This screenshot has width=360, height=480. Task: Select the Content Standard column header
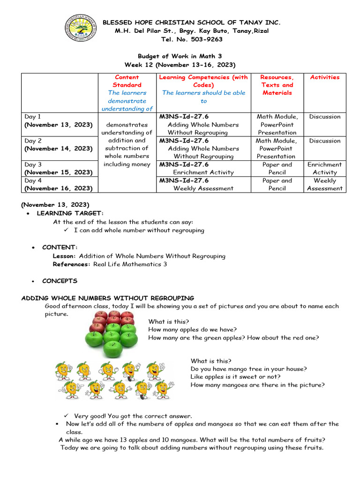[x=127, y=81]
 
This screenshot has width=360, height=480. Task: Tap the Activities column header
[x=324, y=77]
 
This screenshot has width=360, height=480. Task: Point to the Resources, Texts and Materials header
[x=277, y=85]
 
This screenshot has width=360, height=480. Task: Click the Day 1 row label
[x=33, y=116]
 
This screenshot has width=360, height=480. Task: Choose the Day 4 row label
[x=33, y=180]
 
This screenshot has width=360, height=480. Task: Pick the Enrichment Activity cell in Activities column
[x=324, y=168]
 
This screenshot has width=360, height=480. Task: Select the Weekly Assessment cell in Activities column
[x=324, y=184]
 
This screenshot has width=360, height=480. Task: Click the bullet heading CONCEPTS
[x=60, y=281]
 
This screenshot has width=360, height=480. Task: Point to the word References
[x=72, y=264]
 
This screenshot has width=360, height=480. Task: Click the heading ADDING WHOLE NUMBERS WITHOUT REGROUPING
[x=108, y=298]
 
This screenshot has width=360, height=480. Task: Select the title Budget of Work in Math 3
[x=180, y=56]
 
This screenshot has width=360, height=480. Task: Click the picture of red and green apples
[x=112, y=333]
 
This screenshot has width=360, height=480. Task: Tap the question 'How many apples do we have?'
[x=192, y=330]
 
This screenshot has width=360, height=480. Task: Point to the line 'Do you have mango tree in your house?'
[x=248, y=369]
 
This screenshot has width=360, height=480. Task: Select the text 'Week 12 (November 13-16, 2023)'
[x=180, y=64]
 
